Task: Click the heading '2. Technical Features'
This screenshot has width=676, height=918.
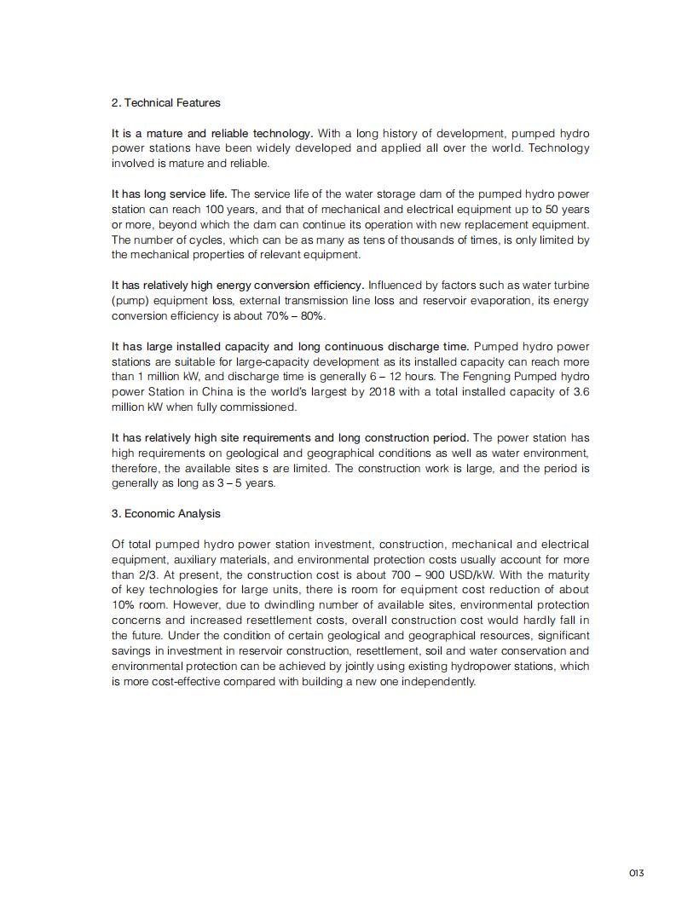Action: pyautogui.click(x=165, y=103)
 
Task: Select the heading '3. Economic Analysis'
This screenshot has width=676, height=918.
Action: pyautogui.click(x=165, y=514)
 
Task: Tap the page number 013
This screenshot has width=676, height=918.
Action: pyautogui.click(x=637, y=873)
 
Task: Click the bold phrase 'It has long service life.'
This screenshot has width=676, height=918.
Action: pyautogui.click(x=169, y=194)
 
